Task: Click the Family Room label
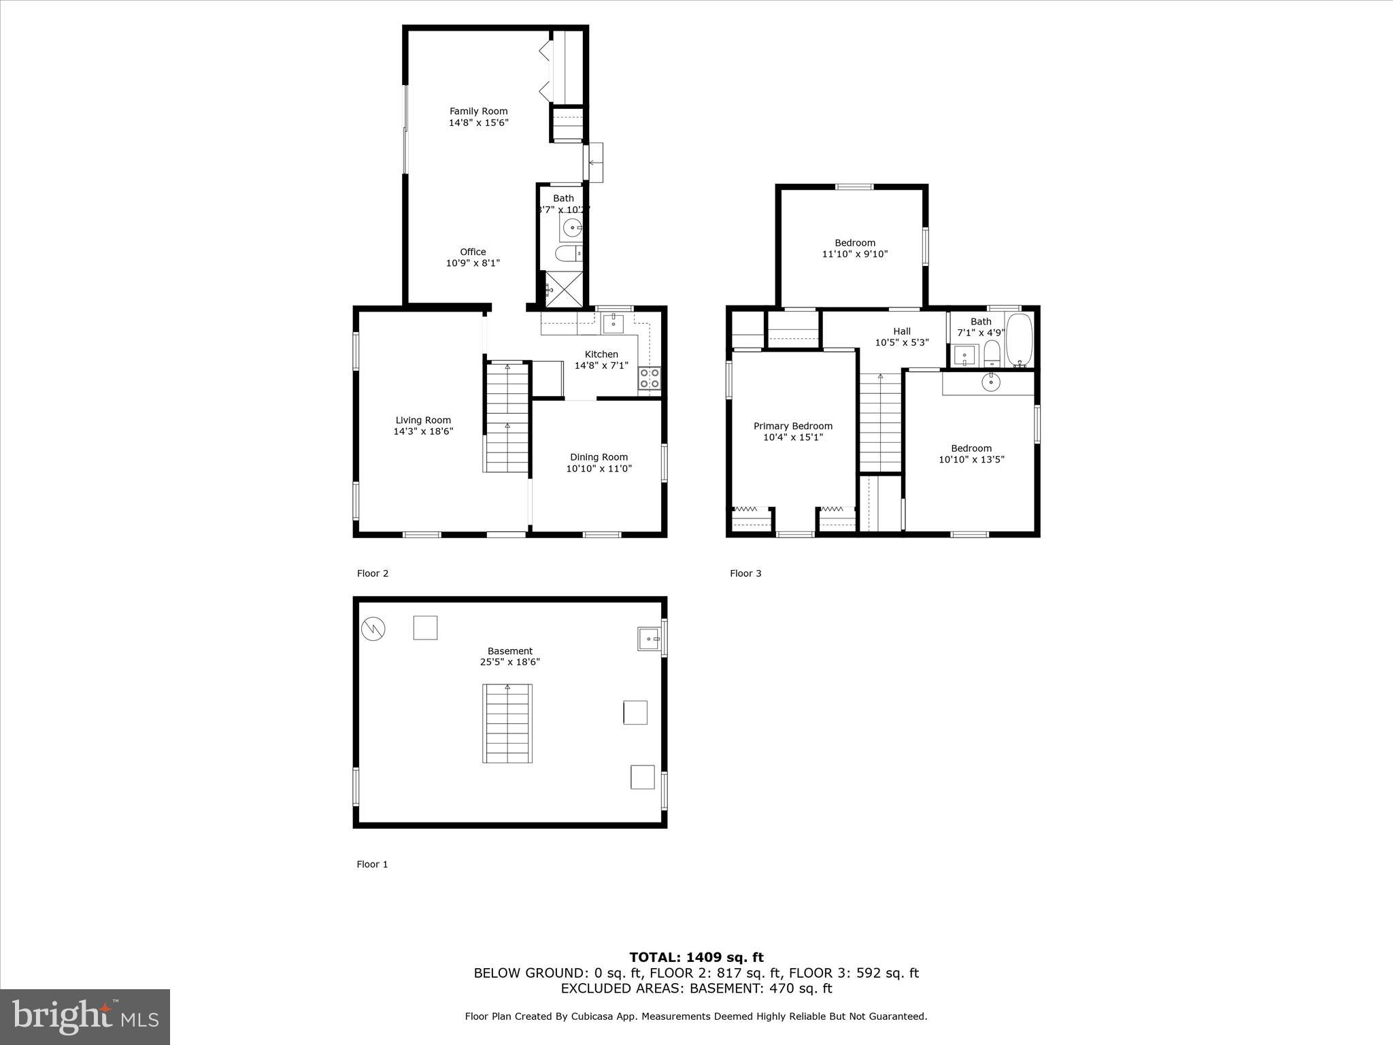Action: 478,112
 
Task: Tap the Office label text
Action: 473,252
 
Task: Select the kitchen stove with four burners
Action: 650,378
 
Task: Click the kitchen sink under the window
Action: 614,322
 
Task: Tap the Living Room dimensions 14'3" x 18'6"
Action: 423,431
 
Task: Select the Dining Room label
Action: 599,457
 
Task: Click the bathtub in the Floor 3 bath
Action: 1019,339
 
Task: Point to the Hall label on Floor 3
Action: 902,331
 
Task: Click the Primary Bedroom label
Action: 792,426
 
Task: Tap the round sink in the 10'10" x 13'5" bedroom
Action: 991,383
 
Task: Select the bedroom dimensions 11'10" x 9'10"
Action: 855,254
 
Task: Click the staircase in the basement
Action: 507,723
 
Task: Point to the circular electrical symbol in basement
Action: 373,629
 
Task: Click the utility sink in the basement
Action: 649,639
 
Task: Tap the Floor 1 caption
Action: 372,864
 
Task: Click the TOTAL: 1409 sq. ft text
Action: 696,957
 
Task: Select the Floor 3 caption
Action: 745,573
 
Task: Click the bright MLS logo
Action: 85,1016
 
